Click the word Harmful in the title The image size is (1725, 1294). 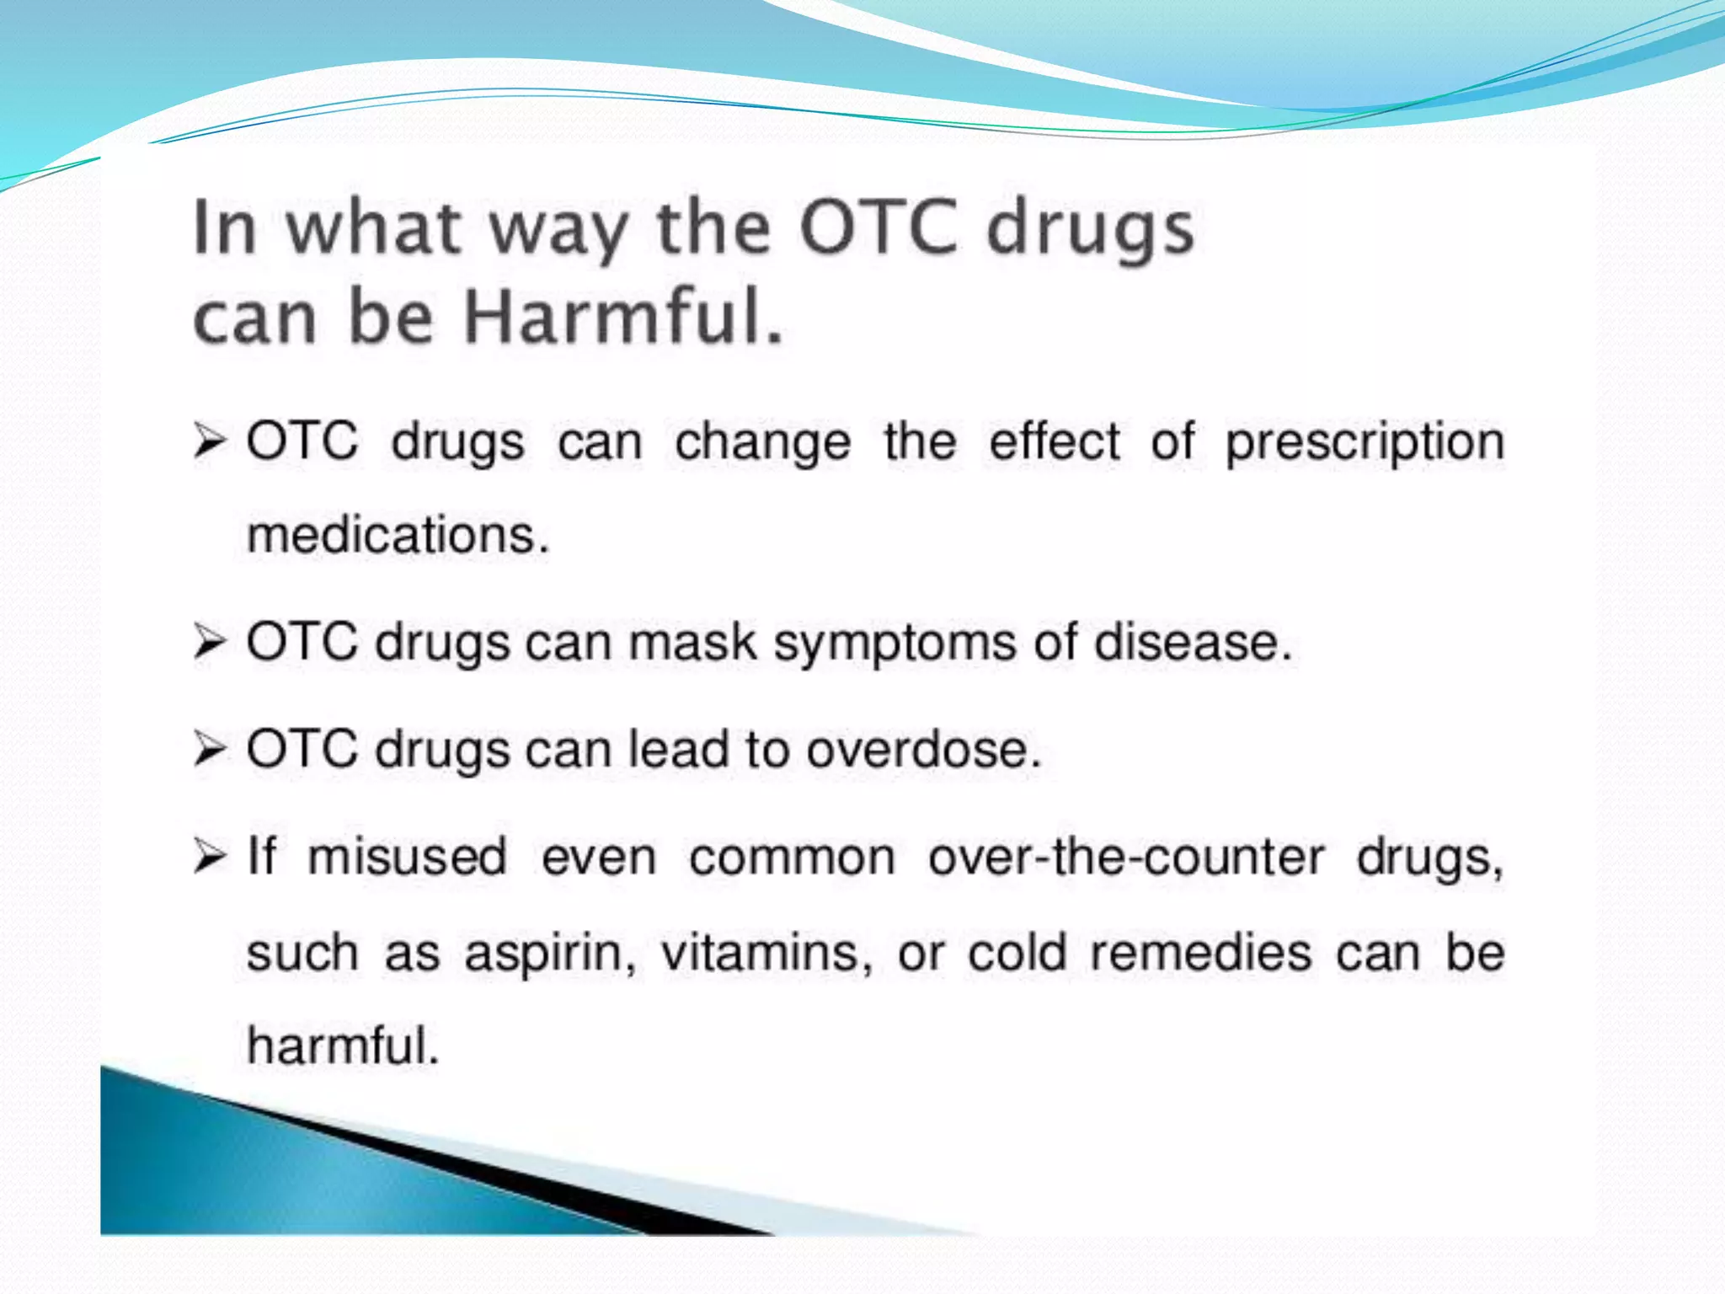tap(623, 318)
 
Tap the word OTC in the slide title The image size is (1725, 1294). tap(879, 227)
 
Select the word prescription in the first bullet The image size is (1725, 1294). tap(1364, 442)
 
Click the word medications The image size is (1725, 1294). tap(398, 536)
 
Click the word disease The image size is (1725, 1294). tap(1191, 643)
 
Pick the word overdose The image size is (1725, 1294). tap(923, 750)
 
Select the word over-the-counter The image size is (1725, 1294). tap(1125, 858)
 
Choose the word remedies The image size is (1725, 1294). tap(1200, 953)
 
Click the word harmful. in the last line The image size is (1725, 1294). tap(343, 1046)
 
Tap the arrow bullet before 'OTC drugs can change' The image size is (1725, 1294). tap(210, 441)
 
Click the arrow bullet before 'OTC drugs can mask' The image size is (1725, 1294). tap(210, 643)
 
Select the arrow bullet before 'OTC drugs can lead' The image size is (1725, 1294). tap(210, 750)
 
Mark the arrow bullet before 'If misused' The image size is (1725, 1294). tap(210, 858)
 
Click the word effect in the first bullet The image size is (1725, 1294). tap(1054, 441)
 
